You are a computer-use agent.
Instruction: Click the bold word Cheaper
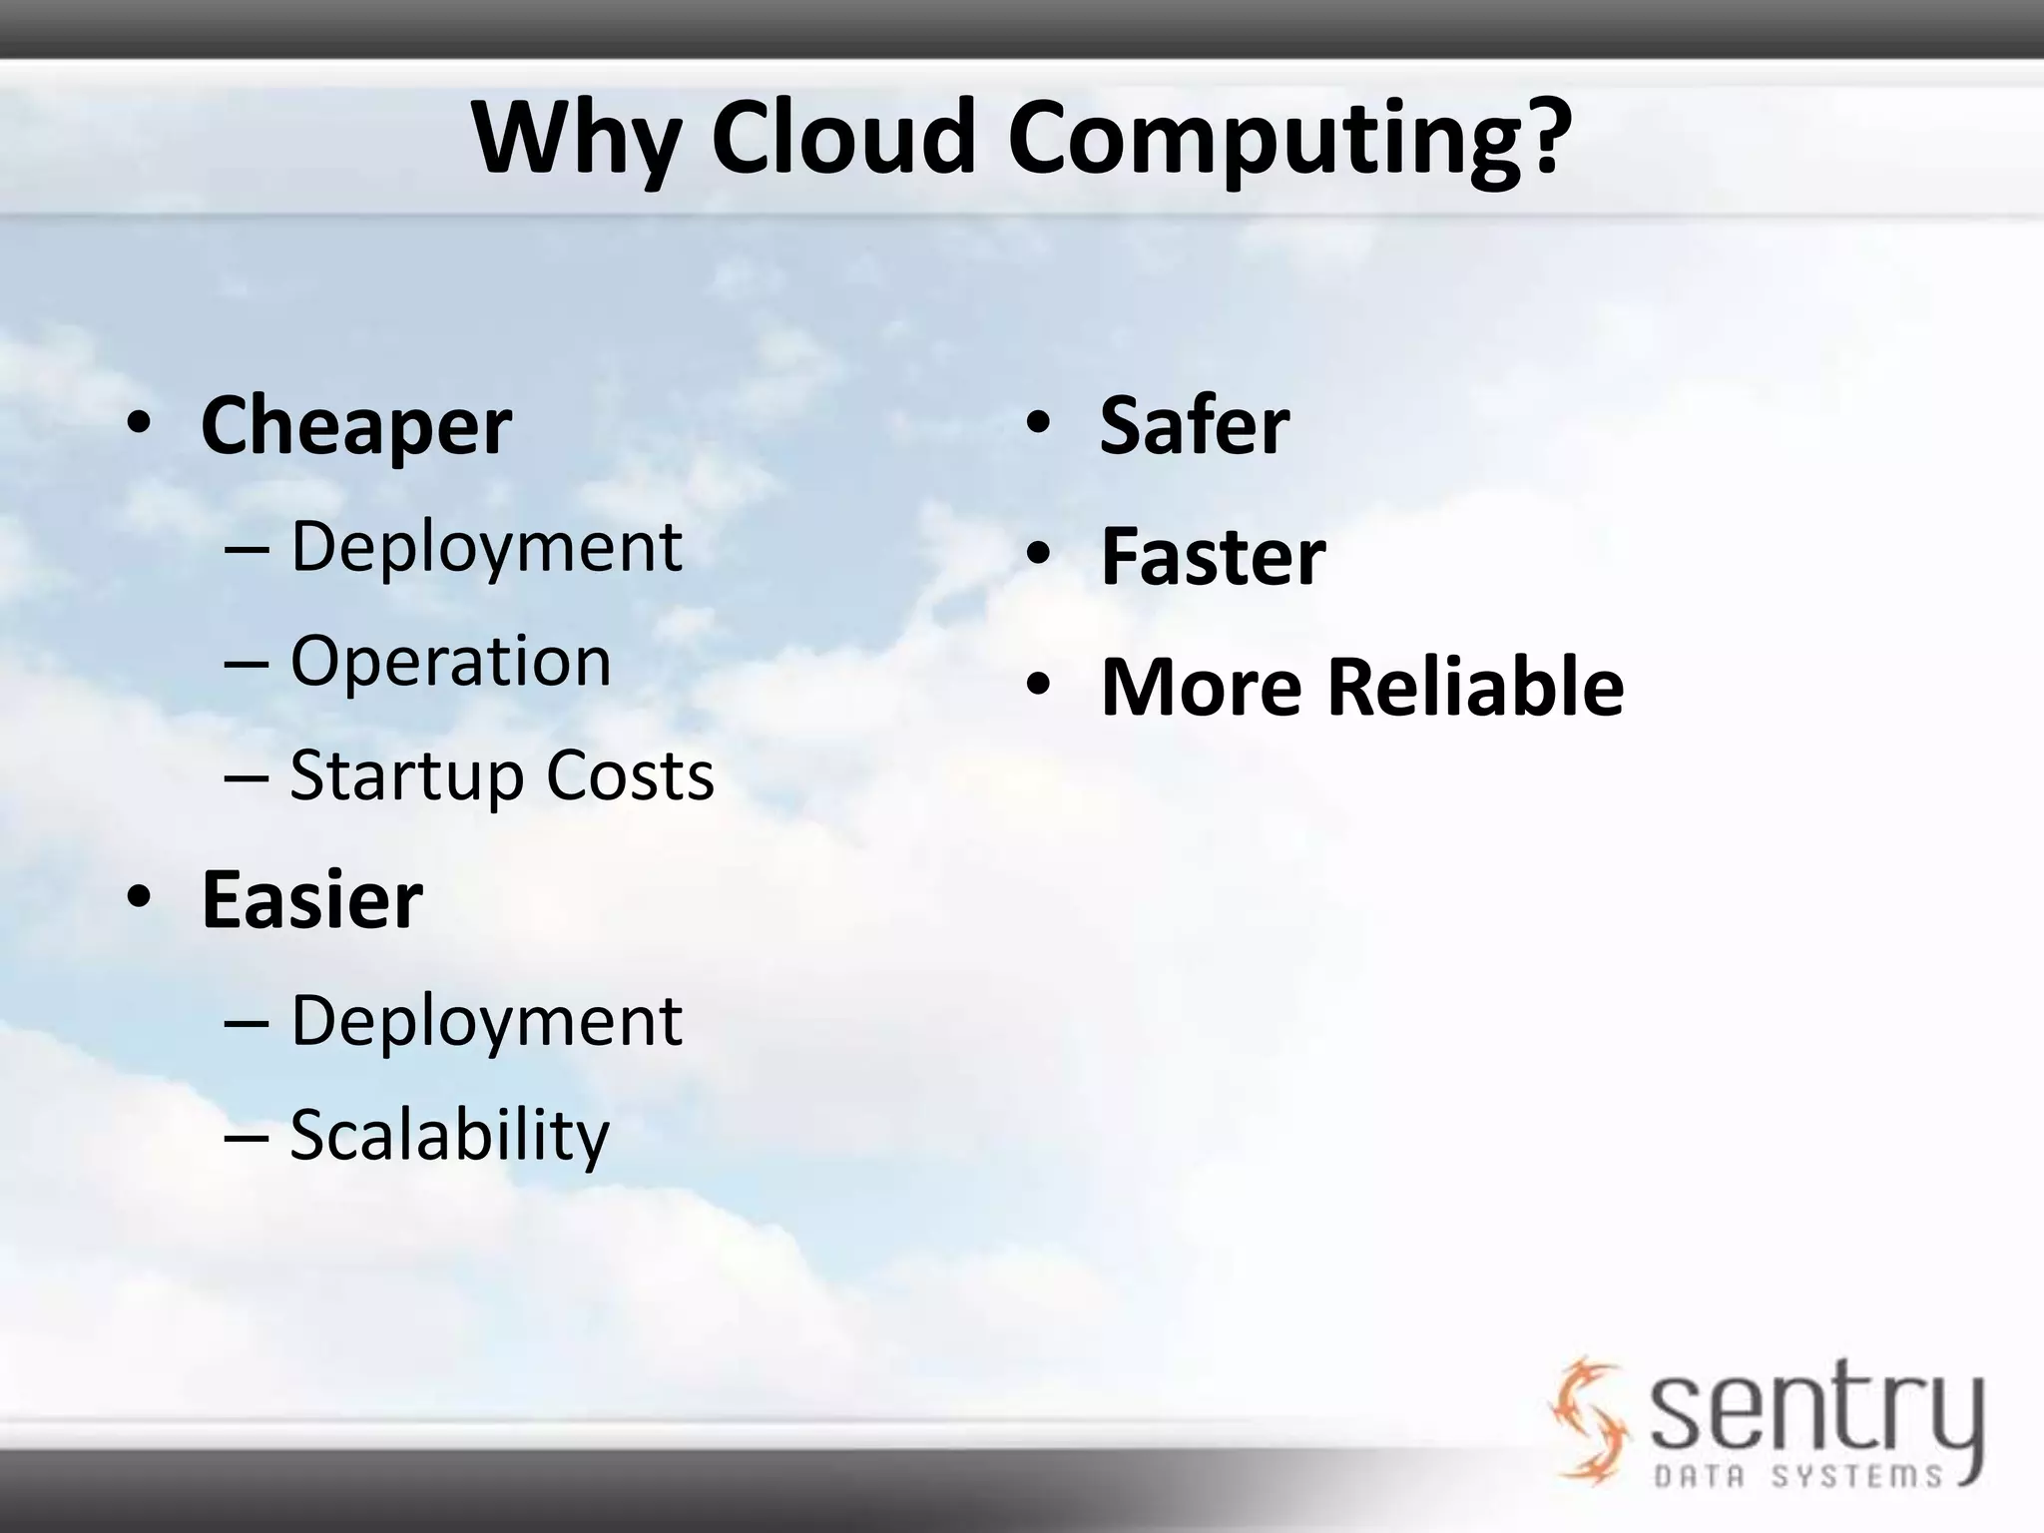pos(356,426)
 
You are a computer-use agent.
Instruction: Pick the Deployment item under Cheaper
pos(486,547)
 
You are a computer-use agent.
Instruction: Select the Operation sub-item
pos(450,661)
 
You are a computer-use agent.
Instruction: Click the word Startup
pos(406,776)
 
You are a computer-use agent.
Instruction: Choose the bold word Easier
pos(312,899)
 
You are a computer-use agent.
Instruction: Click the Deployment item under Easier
pos(486,1021)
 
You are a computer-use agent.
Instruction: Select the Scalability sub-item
pos(449,1135)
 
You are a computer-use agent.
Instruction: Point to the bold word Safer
pos(1195,425)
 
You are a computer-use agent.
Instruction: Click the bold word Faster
pos(1213,556)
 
